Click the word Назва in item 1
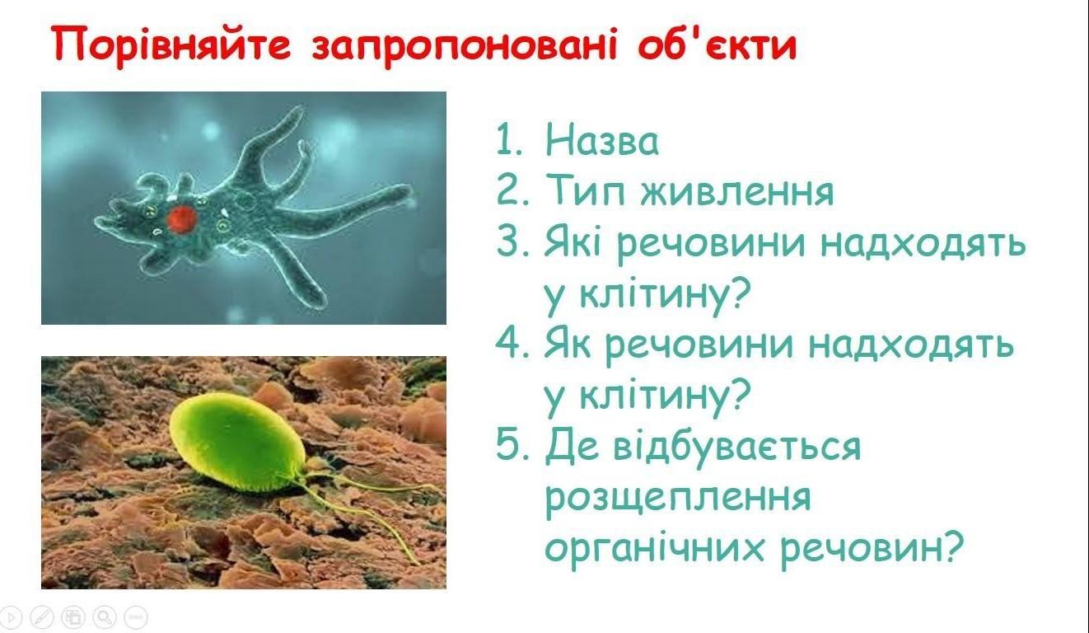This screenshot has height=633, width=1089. click(602, 139)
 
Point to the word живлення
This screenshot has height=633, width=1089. click(737, 191)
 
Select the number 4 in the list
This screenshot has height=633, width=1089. click(509, 343)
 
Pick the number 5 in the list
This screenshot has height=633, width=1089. click(508, 445)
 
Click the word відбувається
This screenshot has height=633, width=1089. click(737, 446)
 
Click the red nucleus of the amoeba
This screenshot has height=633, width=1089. click(182, 218)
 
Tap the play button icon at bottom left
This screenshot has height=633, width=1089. click(11, 617)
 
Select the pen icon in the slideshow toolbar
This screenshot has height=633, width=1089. click(42, 617)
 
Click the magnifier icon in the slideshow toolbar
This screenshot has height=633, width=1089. click(105, 617)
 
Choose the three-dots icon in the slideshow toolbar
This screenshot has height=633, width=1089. click(136, 617)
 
